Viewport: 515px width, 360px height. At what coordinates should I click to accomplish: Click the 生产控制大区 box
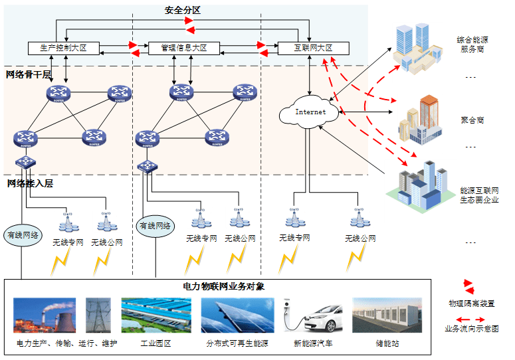pyautogui.click(x=63, y=48)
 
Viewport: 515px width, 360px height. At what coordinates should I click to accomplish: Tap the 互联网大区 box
pyautogui.click(x=314, y=48)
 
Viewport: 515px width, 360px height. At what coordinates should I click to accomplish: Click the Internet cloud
pyautogui.click(x=310, y=112)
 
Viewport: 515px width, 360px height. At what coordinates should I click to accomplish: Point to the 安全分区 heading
pyautogui.click(x=183, y=11)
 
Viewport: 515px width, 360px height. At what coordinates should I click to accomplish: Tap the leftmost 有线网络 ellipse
pyautogui.click(x=23, y=235)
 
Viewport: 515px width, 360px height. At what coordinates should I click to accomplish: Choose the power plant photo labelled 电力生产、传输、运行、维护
pyautogui.click(x=45, y=315)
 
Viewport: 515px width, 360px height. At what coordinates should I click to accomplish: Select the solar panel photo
pyautogui.click(x=237, y=315)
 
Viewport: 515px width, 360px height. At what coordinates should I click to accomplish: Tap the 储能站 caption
pyautogui.click(x=385, y=343)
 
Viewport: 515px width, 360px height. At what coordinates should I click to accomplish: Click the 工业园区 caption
pyautogui.click(x=156, y=343)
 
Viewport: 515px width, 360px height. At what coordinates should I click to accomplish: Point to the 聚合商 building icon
pyautogui.click(x=419, y=120)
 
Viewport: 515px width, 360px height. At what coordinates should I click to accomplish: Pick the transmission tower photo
pyautogui.click(x=98, y=315)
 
